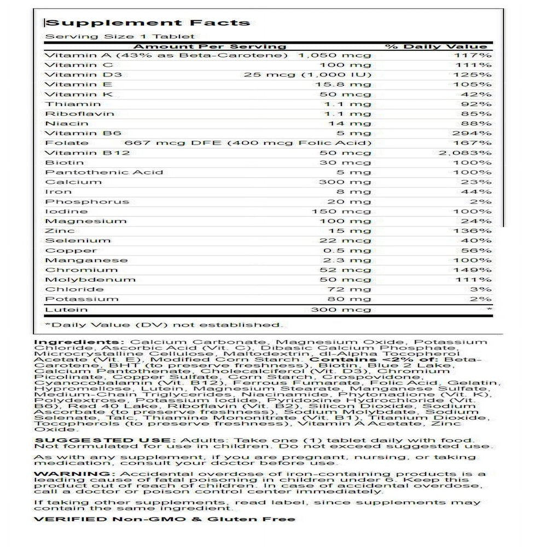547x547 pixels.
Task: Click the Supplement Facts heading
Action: click(x=148, y=23)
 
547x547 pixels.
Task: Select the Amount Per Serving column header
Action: click(x=210, y=46)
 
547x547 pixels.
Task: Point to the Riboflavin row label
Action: click(x=80, y=114)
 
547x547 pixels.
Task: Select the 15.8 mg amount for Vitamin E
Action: click(x=350, y=85)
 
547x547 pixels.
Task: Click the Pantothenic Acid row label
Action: click(x=104, y=172)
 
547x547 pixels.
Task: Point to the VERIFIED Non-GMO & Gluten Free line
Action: click(x=164, y=519)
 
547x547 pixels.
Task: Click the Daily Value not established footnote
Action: click(x=164, y=325)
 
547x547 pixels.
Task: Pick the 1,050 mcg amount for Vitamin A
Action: click(x=334, y=56)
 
